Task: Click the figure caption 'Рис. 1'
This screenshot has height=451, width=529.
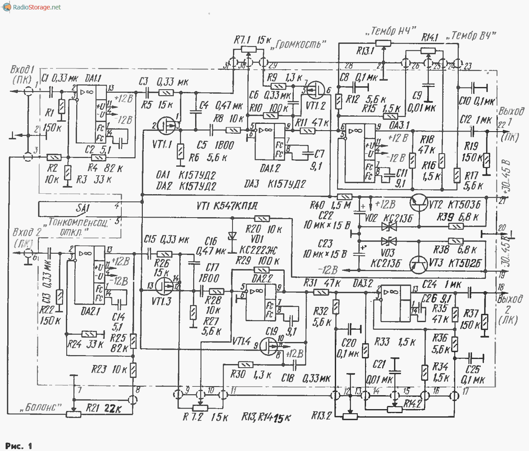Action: (18, 446)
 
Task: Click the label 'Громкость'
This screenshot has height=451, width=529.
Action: (297, 44)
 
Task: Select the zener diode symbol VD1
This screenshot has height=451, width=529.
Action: (233, 236)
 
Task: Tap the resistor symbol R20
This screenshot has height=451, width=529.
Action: (264, 219)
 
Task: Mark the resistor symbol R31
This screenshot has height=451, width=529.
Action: (320, 292)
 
